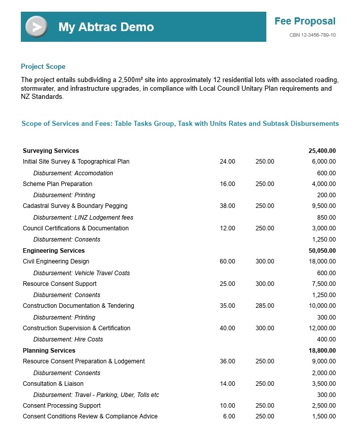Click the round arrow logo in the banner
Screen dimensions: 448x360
(x=36, y=27)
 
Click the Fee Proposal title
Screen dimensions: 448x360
(x=304, y=21)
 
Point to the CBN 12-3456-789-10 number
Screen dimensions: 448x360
(x=312, y=35)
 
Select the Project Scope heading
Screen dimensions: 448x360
(x=43, y=67)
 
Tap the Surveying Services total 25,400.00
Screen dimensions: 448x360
(x=322, y=151)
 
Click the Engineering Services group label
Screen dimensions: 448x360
(x=53, y=251)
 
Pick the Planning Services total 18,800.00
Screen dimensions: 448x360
(x=322, y=351)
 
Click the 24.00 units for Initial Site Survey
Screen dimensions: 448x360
(x=227, y=162)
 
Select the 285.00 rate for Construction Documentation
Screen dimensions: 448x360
(x=265, y=306)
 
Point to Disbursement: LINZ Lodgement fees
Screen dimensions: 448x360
(x=83, y=218)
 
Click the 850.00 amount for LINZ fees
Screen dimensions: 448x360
(x=326, y=218)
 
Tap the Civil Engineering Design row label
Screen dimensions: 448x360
(x=56, y=261)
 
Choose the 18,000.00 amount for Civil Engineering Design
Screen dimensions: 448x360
(x=323, y=261)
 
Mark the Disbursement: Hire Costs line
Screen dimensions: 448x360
(x=68, y=339)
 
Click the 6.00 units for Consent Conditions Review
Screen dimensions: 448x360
(x=229, y=416)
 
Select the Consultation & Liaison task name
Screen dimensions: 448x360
(x=53, y=384)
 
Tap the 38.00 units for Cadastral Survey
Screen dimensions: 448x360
(x=227, y=206)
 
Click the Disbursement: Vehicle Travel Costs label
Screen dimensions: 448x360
(x=81, y=273)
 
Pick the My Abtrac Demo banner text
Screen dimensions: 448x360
(x=106, y=27)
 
